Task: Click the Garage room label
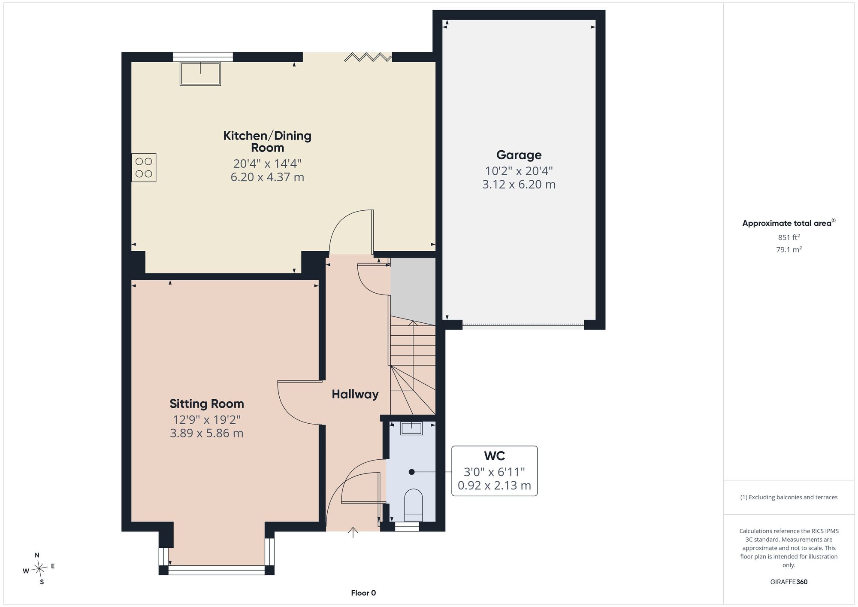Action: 519,155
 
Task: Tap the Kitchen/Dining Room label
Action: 267,142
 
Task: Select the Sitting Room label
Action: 207,404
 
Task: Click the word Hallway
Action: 355,394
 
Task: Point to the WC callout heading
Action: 494,455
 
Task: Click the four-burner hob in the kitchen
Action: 144,167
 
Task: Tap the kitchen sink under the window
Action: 200,74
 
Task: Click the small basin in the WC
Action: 411,428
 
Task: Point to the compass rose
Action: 39,568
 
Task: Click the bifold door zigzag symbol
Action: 368,57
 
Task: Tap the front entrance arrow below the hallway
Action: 353,532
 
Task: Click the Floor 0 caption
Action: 363,593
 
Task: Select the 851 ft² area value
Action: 789,237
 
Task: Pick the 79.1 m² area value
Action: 789,249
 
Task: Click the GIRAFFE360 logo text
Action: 789,582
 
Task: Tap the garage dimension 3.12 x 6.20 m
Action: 519,185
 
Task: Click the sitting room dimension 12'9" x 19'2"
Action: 207,419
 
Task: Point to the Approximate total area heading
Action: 789,223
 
